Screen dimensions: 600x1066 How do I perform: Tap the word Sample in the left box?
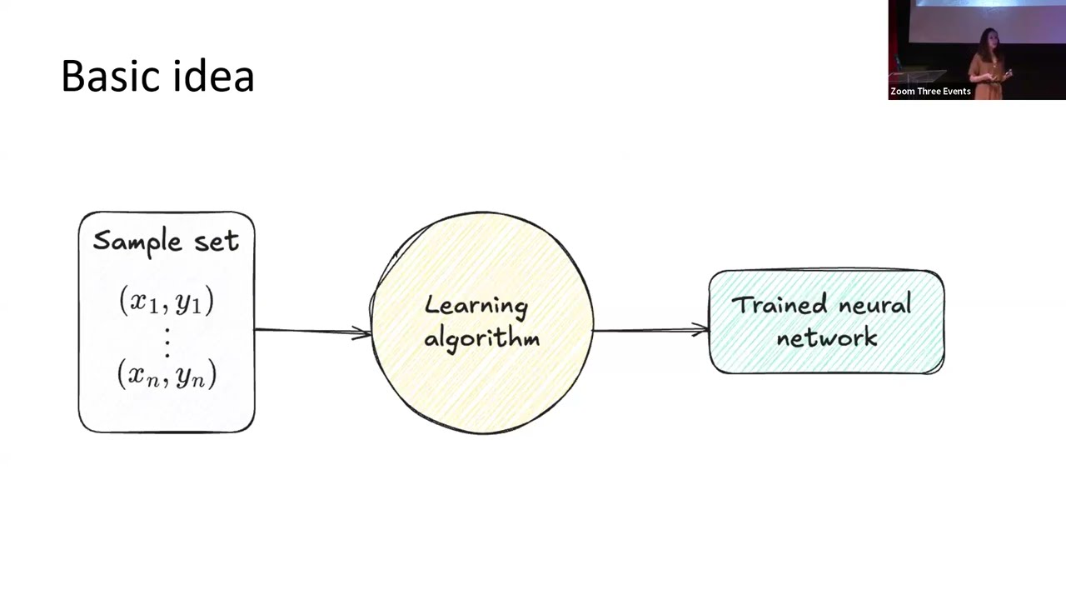pyautogui.click(x=137, y=242)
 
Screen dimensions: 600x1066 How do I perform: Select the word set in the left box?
pyautogui.click(x=217, y=241)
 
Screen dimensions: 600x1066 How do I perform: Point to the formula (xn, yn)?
pyautogui.click(x=167, y=374)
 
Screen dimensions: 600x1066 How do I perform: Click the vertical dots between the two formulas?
pyautogui.click(x=167, y=340)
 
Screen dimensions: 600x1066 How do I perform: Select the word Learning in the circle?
pyautogui.click(x=476, y=307)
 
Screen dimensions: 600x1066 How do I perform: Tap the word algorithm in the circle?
pyautogui.click(x=481, y=337)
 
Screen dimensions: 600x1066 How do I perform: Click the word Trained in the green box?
pyautogui.click(x=779, y=305)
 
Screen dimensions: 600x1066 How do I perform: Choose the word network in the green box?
pyautogui.click(x=826, y=337)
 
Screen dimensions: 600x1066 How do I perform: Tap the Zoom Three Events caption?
pyautogui.click(x=930, y=92)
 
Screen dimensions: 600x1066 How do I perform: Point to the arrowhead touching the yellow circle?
pyautogui.click(x=364, y=332)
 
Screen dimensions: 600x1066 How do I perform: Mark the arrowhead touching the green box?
pyautogui.click(x=701, y=331)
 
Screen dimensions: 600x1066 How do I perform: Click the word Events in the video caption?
pyautogui.click(x=954, y=92)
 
